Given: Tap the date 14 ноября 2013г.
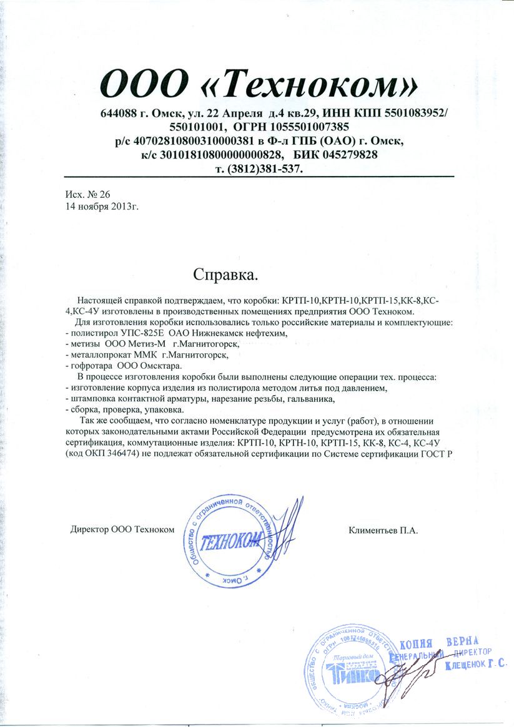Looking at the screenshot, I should pos(101,205).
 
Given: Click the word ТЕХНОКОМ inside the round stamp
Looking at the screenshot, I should pos(232,542).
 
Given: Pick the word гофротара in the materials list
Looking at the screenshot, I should pos(91,366).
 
